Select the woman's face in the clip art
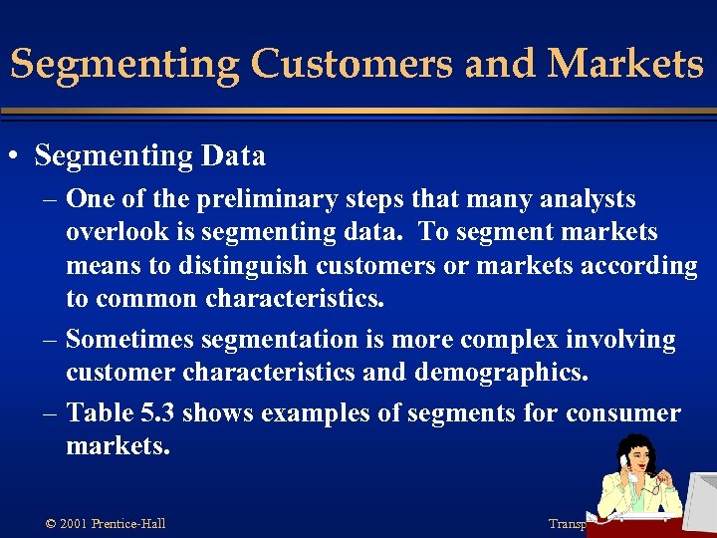(641, 459)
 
